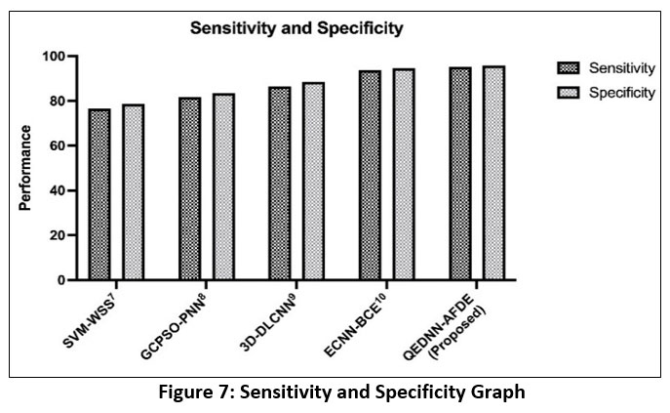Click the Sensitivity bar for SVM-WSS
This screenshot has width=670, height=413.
coord(99,194)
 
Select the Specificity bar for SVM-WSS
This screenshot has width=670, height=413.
coord(134,192)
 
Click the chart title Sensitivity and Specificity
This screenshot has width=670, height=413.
coord(296,28)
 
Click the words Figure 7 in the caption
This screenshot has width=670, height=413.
coord(204,393)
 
